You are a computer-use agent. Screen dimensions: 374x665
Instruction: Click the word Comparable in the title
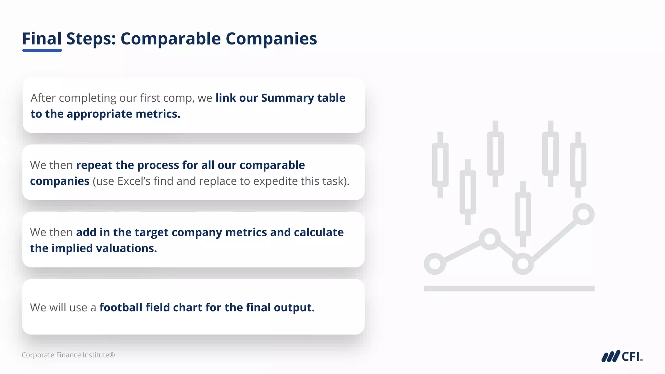click(170, 39)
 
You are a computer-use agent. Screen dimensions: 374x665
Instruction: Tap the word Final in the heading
click(42, 39)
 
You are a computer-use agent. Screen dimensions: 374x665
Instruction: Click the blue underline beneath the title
click(42, 50)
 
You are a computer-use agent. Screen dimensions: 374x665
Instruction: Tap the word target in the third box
click(151, 232)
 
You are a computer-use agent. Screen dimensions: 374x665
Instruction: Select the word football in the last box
click(121, 307)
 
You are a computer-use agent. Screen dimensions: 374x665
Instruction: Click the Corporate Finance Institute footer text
click(68, 355)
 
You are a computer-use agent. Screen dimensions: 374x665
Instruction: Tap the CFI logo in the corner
click(621, 356)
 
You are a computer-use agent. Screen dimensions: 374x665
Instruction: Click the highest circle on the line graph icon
click(583, 214)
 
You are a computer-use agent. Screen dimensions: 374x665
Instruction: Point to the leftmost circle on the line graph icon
click(434, 264)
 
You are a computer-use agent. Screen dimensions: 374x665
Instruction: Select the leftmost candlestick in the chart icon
click(440, 165)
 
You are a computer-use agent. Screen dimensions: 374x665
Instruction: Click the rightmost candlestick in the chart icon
click(578, 165)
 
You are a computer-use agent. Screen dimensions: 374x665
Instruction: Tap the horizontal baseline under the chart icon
click(509, 288)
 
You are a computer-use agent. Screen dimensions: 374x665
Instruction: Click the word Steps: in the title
click(91, 39)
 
